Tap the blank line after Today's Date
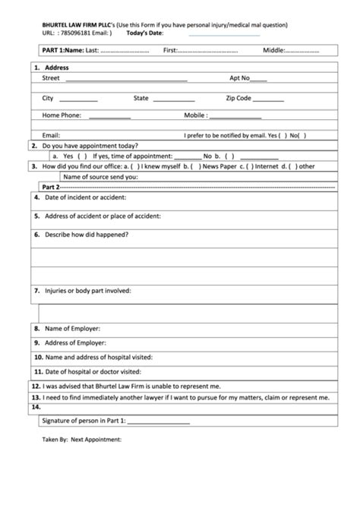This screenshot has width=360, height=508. pyautogui.click(x=224, y=35)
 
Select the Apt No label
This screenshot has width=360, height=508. pyautogui.click(x=239, y=77)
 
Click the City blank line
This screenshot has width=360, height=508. pyautogui.click(x=79, y=101)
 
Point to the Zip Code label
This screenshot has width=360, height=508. pyautogui.click(x=238, y=98)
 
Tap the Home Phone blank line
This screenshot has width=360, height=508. pyautogui.click(x=109, y=118)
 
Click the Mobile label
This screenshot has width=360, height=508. pyautogui.click(x=195, y=115)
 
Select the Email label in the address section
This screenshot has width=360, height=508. pyautogui.click(x=51, y=135)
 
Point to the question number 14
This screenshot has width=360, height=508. pyautogui.click(x=36, y=407)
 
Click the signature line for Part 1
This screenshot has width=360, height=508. pyautogui.click(x=160, y=423)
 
